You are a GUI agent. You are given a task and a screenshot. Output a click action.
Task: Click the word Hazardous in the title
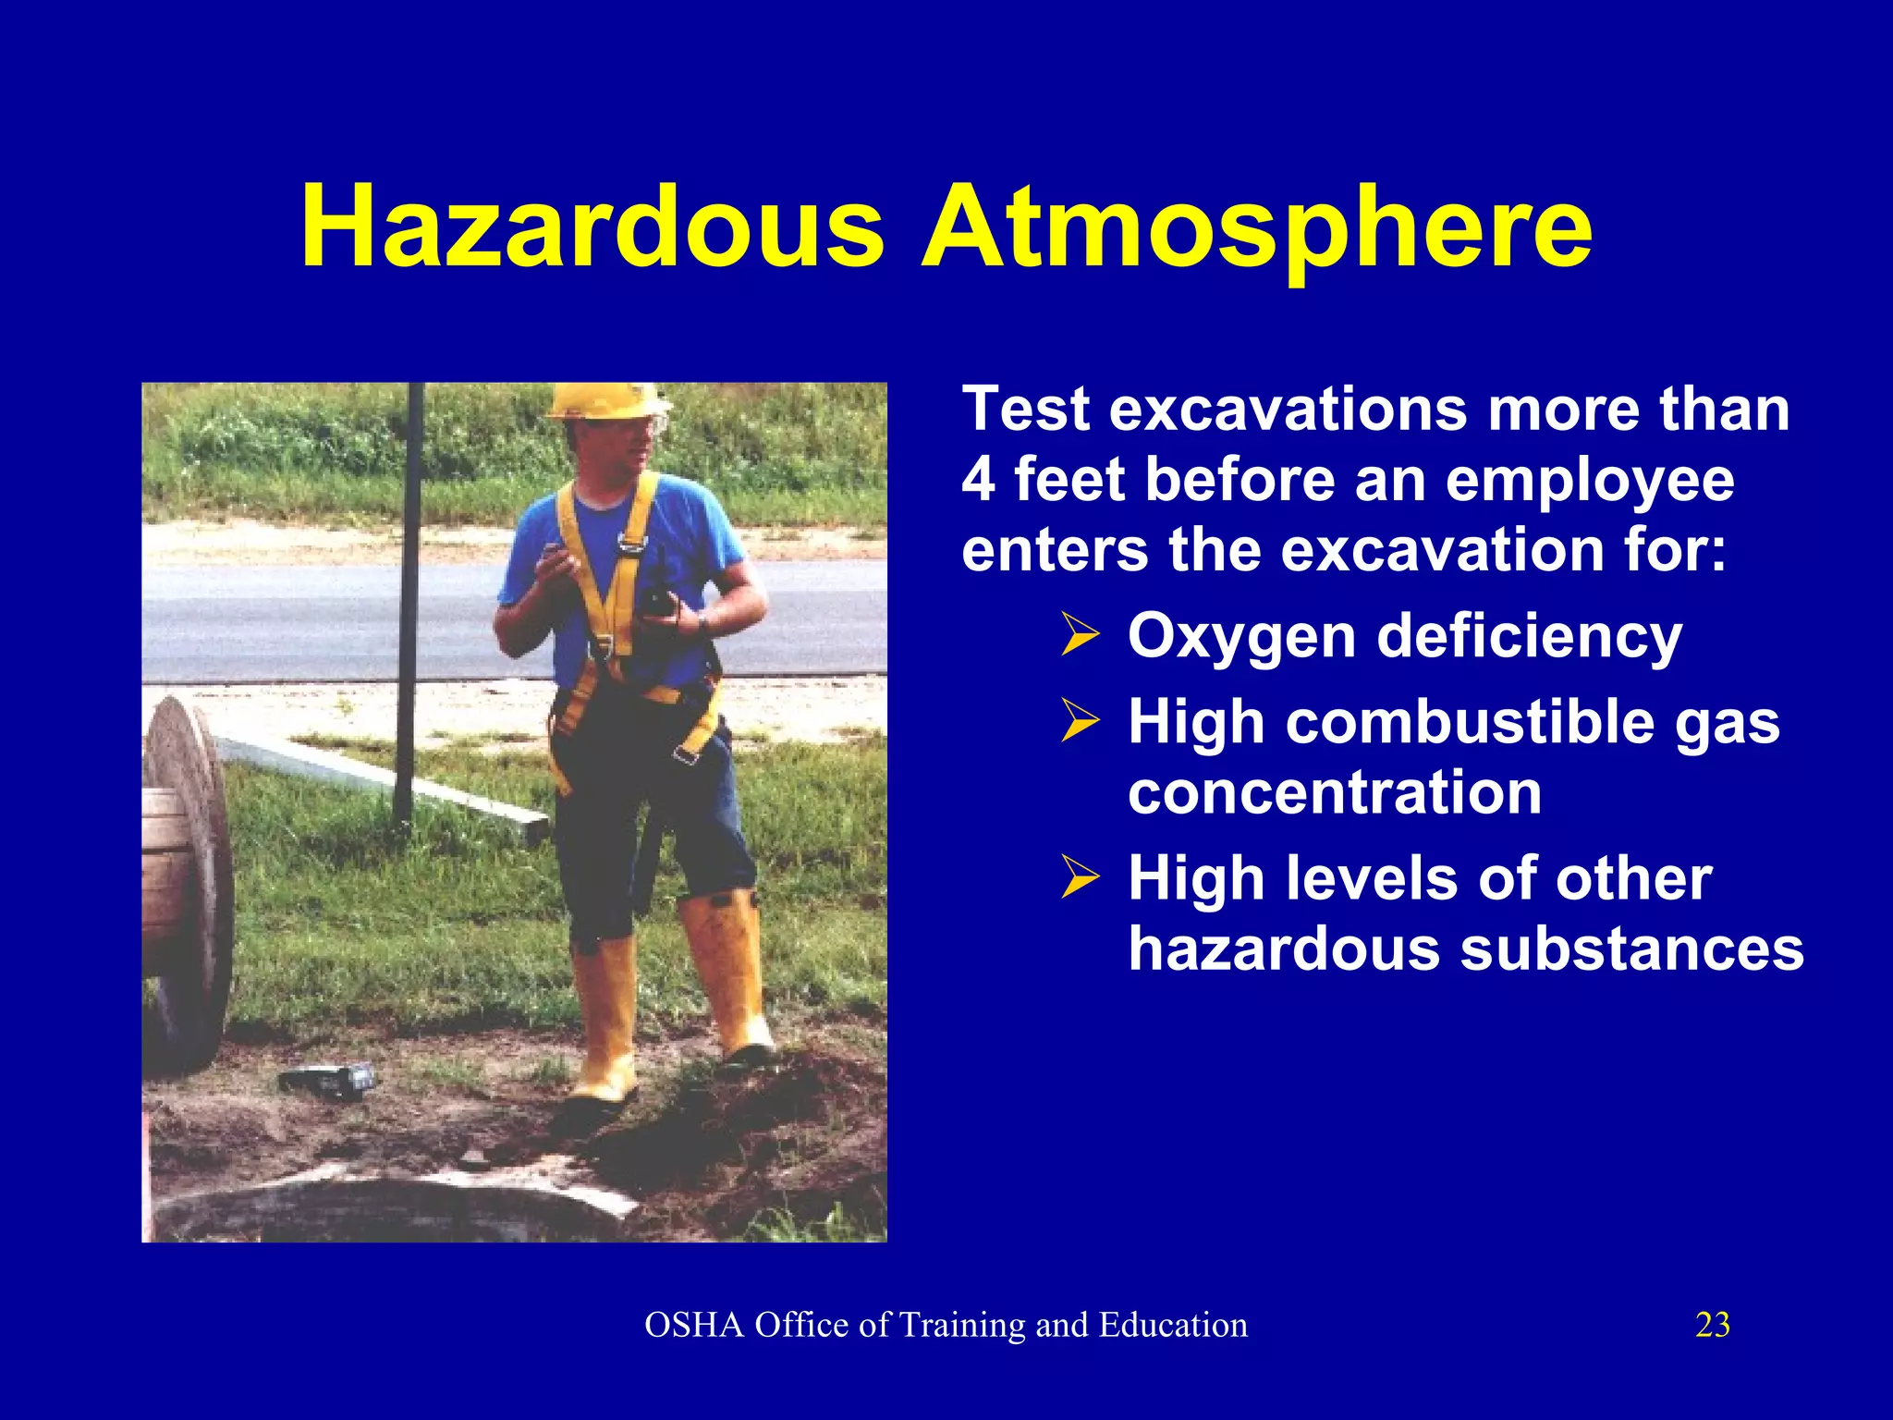click(x=592, y=227)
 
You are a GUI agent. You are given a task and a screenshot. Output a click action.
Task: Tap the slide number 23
click(x=1713, y=1325)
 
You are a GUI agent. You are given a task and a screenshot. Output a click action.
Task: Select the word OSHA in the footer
click(x=694, y=1325)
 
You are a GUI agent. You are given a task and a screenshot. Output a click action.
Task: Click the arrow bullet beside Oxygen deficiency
click(x=1080, y=635)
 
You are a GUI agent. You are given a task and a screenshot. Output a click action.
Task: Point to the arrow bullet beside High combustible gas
click(x=1080, y=721)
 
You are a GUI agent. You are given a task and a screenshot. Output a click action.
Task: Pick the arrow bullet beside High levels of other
click(x=1080, y=876)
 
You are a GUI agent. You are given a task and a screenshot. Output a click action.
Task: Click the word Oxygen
click(x=1243, y=638)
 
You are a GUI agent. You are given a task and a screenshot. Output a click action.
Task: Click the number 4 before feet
click(x=978, y=480)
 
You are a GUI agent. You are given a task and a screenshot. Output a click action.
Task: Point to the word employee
click(x=1590, y=482)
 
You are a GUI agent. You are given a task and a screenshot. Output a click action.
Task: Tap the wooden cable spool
click(x=185, y=878)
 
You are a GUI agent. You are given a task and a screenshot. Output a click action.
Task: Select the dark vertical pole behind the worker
click(x=408, y=601)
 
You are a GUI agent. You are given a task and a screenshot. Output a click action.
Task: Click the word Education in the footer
click(x=1173, y=1325)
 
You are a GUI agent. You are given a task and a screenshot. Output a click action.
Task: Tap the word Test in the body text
click(x=1026, y=410)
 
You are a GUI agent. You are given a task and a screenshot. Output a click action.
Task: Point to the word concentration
click(x=1335, y=793)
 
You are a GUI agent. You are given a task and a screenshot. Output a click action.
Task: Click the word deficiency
click(x=1529, y=638)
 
